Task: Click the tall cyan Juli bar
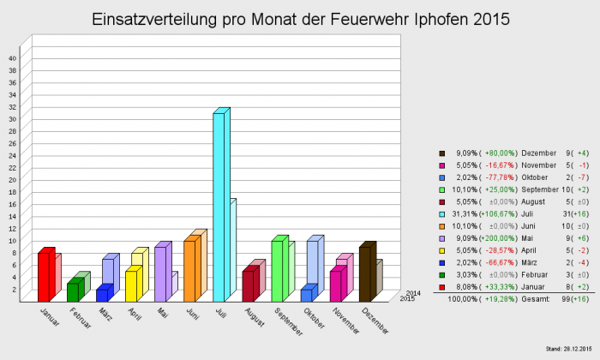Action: point(219,206)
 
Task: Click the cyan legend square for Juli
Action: point(442,213)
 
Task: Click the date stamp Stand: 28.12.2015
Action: point(570,349)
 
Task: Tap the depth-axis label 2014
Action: point(412,292)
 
